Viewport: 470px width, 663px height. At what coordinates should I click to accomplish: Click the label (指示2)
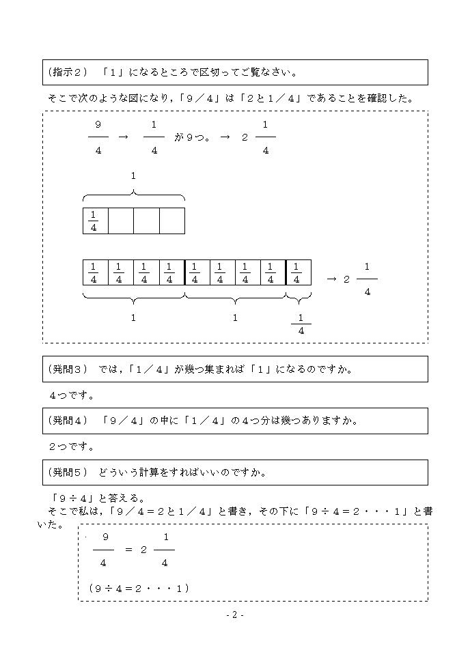(x=71, y=72)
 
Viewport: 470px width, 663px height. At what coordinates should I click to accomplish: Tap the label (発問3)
(x=68, y=369)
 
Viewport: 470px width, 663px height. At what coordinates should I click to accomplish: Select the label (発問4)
(x=68, y=421)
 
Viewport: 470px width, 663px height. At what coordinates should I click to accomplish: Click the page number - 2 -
(x=235, y=615)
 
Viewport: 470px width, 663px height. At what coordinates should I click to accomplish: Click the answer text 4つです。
(x=72, y=395)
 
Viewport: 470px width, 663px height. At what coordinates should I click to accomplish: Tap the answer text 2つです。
(x=72, y=447)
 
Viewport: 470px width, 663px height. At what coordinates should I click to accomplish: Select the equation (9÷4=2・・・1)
(x=139, y=587)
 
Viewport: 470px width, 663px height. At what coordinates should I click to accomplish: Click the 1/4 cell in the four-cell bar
(x=94, y=221)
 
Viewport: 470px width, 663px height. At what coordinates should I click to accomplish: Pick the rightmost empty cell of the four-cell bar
(x=172, y=221)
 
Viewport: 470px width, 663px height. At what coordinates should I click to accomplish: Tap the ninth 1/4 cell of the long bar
(x=297, y=272)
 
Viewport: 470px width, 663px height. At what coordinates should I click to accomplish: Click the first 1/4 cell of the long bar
(x=94, y=272)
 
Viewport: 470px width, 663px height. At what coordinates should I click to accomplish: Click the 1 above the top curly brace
(x=133, y=175)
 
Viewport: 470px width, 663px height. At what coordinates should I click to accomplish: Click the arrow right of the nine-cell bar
(x=331, y=279)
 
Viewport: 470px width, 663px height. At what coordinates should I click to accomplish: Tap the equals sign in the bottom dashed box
(x=128, y=550)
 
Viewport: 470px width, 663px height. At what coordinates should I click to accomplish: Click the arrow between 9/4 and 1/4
(x=123, y=137)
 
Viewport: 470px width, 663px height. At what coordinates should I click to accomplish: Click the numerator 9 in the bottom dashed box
(x=105, y=537)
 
